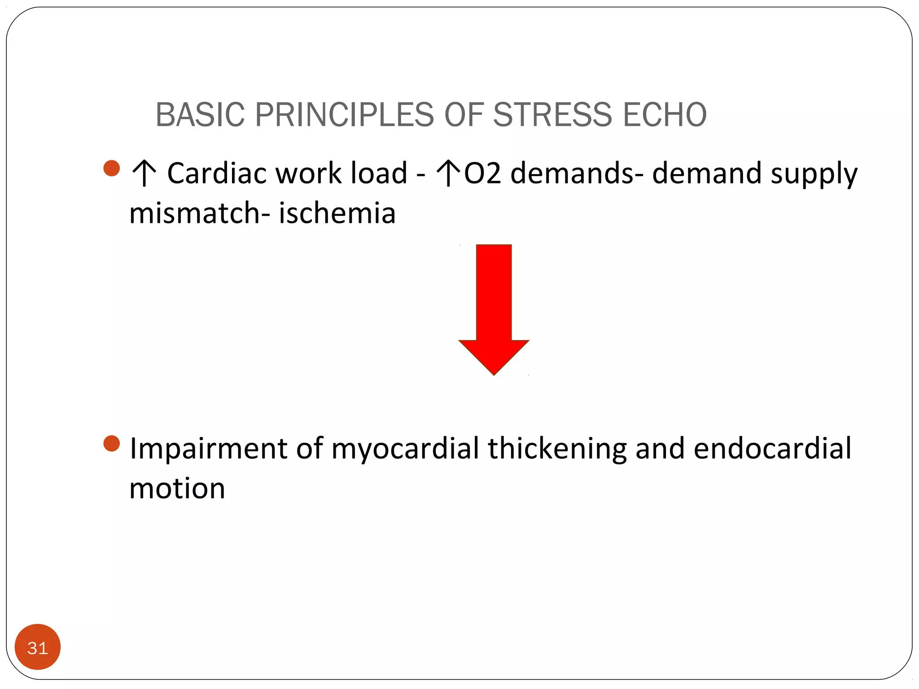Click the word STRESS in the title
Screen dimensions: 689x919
552,115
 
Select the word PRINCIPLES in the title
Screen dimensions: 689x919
344,115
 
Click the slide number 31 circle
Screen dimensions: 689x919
38,647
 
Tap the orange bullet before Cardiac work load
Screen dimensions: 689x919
111,168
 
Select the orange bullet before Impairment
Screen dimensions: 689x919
111,443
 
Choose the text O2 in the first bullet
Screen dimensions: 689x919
482,174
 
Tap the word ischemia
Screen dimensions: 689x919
337,213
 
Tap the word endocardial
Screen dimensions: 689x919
772,449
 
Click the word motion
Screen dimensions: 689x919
177,488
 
